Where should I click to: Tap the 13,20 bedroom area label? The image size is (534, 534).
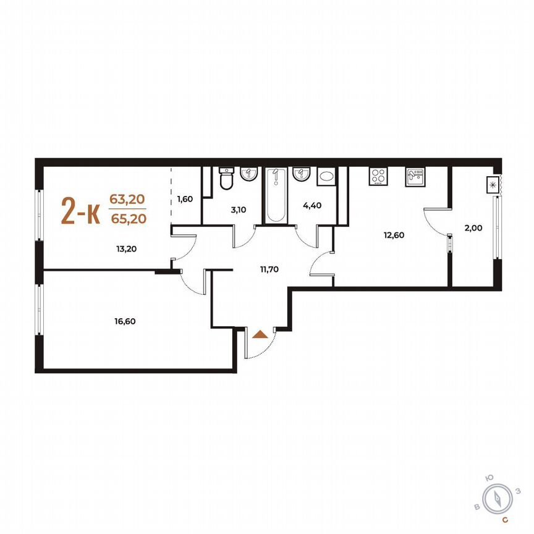tap(109, 250)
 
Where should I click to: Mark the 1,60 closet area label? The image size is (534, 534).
tap(185, 198)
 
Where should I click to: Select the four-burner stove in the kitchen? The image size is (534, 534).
tap(378, 176)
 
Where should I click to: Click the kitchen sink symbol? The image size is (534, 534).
tap(415, 177)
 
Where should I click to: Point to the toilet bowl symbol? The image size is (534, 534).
tap(227, 180)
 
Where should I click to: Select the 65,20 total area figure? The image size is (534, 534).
tap(128, 218)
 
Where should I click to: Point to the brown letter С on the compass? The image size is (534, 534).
tap(505, 520)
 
